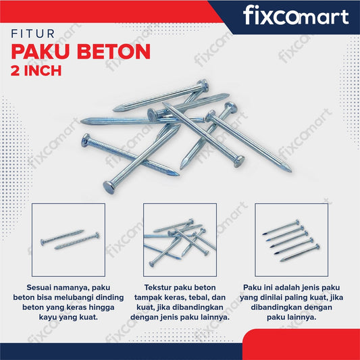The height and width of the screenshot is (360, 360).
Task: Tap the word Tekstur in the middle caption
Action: point(161,288)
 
